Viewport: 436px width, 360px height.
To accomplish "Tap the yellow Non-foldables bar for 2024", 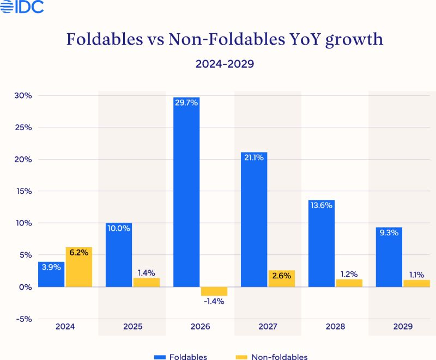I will [x=78, y=267].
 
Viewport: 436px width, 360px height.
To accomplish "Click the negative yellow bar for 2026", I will [x=213, y=291].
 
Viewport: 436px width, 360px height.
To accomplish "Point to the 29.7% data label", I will [x=186, y=102].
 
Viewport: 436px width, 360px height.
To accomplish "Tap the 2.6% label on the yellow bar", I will [x=281, y=276].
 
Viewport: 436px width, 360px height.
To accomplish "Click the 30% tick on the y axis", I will [x=23, y=96].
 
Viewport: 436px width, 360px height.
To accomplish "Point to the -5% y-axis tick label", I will [x=23, y=319].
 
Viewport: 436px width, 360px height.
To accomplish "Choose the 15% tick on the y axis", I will [x=23, y=191].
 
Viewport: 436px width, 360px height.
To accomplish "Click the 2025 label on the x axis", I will [x=132, y=327].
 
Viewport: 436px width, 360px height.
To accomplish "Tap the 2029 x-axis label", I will [x=402, y=327].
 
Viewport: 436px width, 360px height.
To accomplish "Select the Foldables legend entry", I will [x=180, y=357].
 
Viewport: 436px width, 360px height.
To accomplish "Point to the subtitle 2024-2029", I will [x=225, y=64].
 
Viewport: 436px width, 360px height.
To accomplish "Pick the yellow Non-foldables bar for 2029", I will [x=416, y=283].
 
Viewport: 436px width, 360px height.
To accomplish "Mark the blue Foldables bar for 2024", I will [x=51, y=274].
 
